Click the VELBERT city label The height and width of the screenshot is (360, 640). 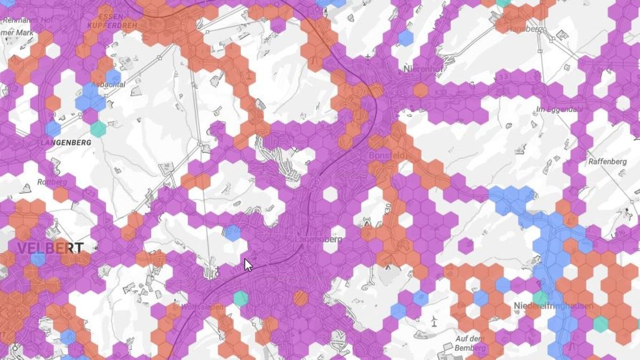(50, 247)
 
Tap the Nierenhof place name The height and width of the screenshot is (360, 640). (425, 69)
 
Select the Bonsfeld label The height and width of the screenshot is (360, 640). (387, 155)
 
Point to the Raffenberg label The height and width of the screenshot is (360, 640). (606, 161)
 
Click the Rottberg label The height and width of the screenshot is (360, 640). (52, 182)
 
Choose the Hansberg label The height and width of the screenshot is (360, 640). (525, 29)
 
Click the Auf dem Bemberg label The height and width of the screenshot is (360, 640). (470, 343)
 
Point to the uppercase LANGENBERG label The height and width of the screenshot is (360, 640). (66, 142)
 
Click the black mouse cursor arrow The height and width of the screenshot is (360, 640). (248, 265)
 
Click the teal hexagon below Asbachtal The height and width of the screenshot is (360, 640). (98, 129)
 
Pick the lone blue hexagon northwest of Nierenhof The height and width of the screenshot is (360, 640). (405, 37)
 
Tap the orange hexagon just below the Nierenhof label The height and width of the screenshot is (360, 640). (421, 90)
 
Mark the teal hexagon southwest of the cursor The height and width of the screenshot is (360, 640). (241, 298)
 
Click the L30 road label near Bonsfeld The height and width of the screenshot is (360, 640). (388, 206)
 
